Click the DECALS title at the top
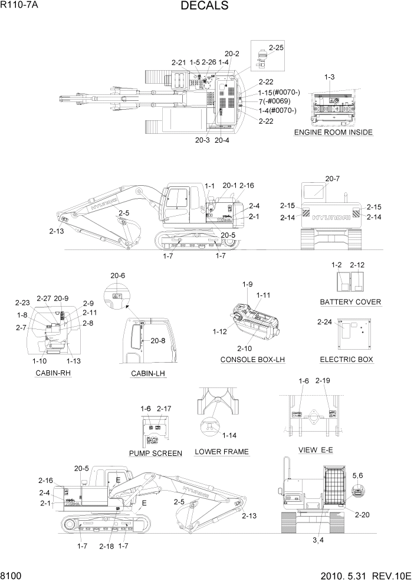tap(204, 6)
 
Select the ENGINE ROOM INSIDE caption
tap(333, 133)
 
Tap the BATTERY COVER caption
tap(350, 302)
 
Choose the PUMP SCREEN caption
tap(155, 453)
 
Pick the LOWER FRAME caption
tap(222, 452)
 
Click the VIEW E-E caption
tap(317, 450)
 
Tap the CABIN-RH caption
tap(53, 373)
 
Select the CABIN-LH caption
tap(149, 374)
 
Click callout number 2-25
tap(276, 47)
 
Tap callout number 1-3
tap(330, 77)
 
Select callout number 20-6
tap(118, 275)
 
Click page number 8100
tap(12, 575)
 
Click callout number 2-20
tap(363, 514)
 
